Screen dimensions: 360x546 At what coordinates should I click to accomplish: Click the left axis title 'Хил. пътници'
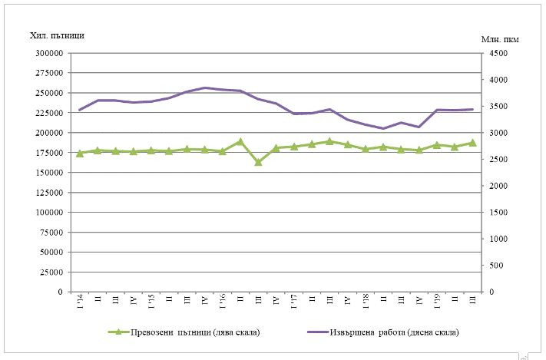point(56,36)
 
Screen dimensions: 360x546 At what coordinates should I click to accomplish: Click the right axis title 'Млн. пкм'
point(501,38)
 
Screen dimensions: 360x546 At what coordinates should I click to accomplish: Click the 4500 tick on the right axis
point(498,54)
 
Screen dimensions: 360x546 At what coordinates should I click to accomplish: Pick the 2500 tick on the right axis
point(498,160)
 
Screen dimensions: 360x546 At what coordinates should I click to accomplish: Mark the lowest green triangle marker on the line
point(258,162)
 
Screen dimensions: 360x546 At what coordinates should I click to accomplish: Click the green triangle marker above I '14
point(79,154)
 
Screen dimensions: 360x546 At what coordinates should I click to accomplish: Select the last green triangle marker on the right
point(473,143)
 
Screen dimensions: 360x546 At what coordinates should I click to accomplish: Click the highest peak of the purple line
point(205,88)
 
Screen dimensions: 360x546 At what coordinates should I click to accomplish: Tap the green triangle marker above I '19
point(437,144)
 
